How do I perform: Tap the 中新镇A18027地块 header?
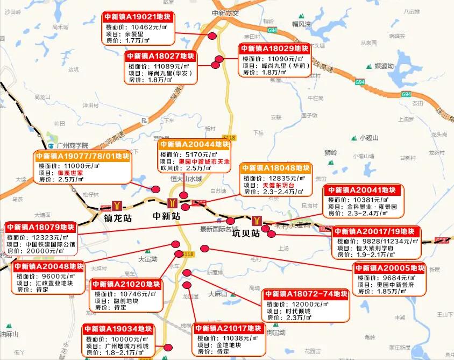pos(161,57)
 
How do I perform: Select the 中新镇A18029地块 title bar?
pos(274,48)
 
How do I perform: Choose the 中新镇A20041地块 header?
pos(360,190)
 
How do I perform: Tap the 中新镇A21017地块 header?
pos(228,328)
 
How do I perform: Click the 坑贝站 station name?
pos(246,234)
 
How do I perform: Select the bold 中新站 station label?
pos(166,216)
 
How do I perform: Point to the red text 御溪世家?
pos(70,173)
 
